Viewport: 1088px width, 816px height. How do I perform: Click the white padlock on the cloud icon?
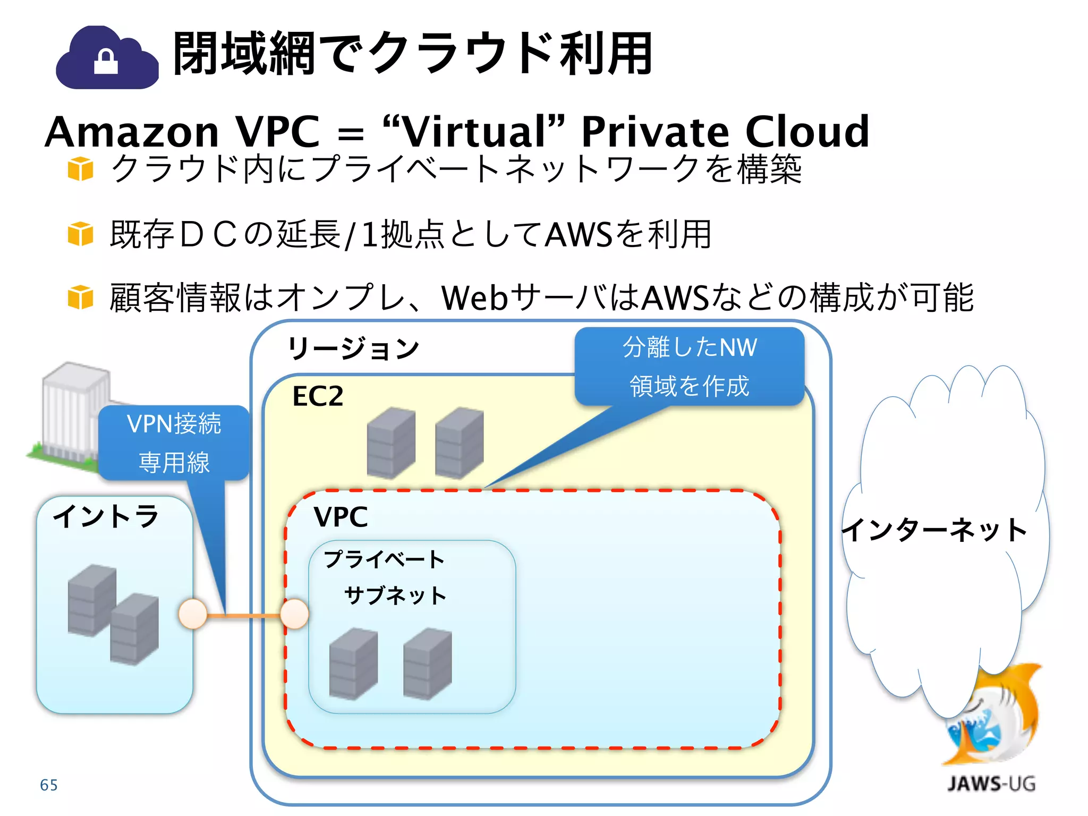click(105, 62)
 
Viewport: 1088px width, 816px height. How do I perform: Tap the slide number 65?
click(49, 785)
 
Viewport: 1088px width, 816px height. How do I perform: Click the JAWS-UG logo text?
click(991, 784)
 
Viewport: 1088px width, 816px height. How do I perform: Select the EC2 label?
click(318, 396)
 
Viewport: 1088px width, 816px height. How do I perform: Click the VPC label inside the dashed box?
click(341, 517)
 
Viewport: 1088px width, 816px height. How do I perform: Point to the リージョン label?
click(353, 348)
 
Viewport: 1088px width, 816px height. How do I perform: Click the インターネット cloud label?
click(934, 530)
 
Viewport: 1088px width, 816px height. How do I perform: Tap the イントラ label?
click(106, 516)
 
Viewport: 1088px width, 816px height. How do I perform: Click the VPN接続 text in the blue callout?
click(174, 424)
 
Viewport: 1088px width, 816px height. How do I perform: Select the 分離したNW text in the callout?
click(690, 347)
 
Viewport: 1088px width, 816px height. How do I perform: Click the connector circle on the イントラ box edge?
click(192, 614)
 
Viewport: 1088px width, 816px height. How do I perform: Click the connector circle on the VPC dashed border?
click(294, 614)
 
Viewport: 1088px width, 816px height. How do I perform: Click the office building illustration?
click(69, 414)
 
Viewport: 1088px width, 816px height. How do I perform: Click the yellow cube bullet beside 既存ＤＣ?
click(80, 234)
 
